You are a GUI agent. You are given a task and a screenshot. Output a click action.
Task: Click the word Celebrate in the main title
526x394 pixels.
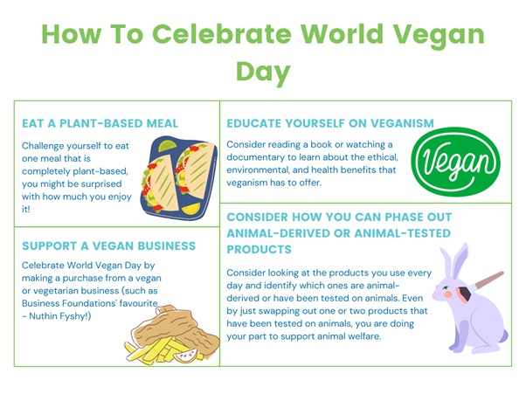(x=222, y=34)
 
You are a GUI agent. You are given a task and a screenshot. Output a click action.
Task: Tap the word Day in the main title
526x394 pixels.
(x=263, y=73)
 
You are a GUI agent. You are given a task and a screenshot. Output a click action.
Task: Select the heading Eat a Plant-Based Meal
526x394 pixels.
(x=100, y=123)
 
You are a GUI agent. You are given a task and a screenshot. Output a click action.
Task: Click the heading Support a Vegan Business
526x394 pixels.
(x=108, y=245)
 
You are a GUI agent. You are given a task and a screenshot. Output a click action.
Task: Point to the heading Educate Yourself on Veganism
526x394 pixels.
(x=330, y=123)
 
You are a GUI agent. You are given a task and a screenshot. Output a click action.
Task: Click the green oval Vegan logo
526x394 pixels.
(x=455, y=162)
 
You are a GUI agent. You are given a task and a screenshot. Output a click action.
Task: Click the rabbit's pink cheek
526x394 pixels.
(x=448, y=294)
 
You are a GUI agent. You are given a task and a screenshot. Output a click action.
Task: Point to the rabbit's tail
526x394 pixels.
(x=503, y=335)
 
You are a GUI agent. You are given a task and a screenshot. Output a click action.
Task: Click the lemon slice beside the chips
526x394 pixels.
(x=186, y=356)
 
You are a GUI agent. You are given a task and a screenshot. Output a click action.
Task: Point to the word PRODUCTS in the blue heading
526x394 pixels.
(x=259, y=249)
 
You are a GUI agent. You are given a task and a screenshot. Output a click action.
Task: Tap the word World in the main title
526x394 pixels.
(x=342, y=34)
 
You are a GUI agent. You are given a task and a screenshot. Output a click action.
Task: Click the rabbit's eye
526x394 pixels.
(x=446, y=287)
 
